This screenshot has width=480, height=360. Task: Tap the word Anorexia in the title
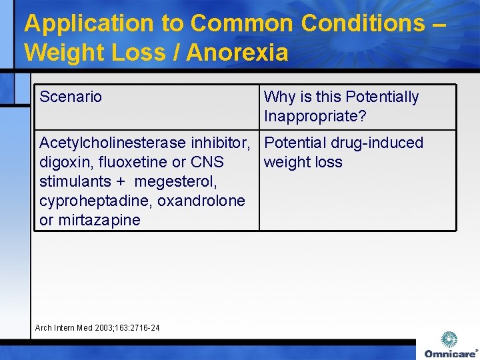point(237,52)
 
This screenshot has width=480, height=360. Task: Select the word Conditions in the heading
point(362,24)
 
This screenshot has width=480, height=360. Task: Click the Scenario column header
point(71,97)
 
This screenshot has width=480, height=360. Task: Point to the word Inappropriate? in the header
point(315,117)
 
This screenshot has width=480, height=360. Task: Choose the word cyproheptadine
point(87,201)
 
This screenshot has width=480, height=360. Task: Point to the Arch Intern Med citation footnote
point(97,327)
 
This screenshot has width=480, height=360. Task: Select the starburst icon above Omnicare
point(450,339)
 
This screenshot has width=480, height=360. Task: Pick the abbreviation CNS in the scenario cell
point(207,162)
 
